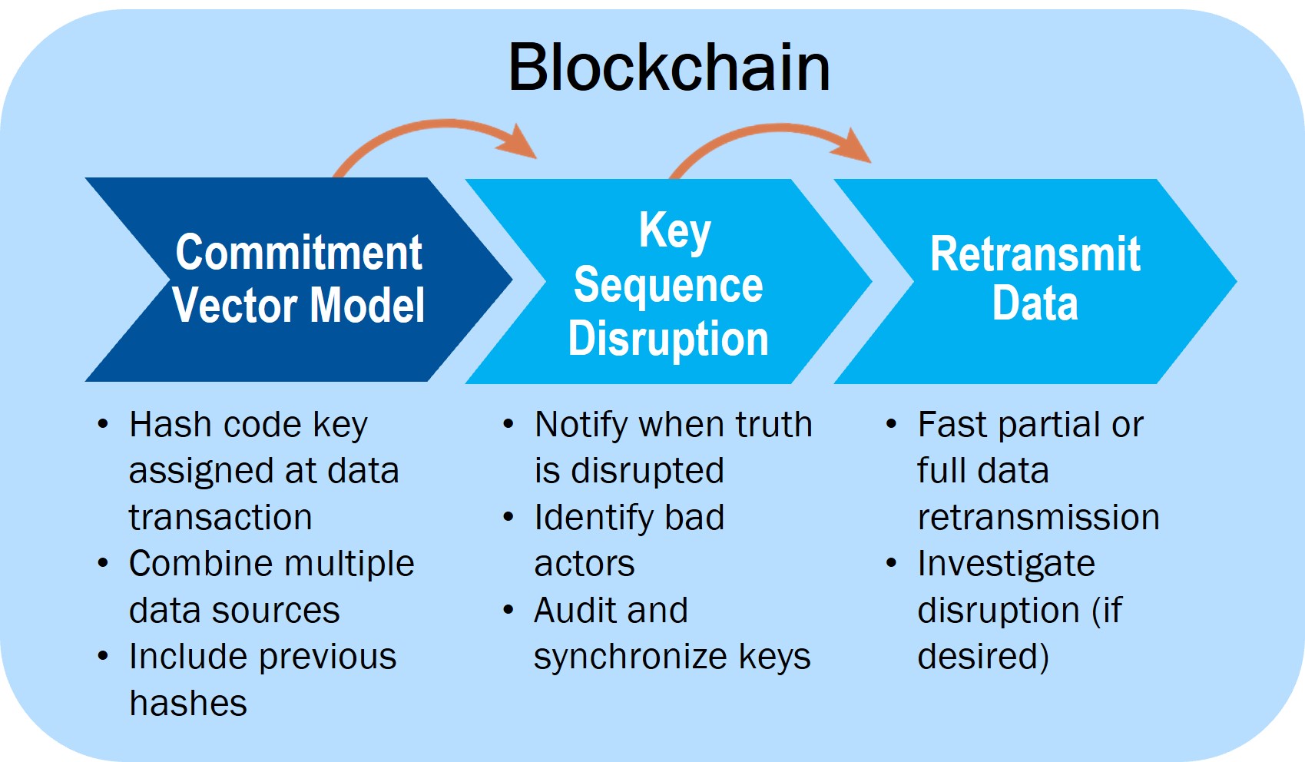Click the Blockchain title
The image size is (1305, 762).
(x=668, y=68)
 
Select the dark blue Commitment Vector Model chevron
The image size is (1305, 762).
(x=300, y=280)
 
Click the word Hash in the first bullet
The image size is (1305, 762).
(x=161, y=425)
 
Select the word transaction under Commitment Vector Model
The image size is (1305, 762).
(x=220, y=518)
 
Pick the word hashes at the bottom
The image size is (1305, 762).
(x=188, y=704)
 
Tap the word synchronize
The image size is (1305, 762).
(x=630, y=658)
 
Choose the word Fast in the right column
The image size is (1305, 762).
(x=952, y=425)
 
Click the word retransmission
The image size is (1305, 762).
(x=1038, y=518)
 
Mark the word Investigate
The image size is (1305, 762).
(x=1006, y=564)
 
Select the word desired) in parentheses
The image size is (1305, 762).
(x=983, y=658)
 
